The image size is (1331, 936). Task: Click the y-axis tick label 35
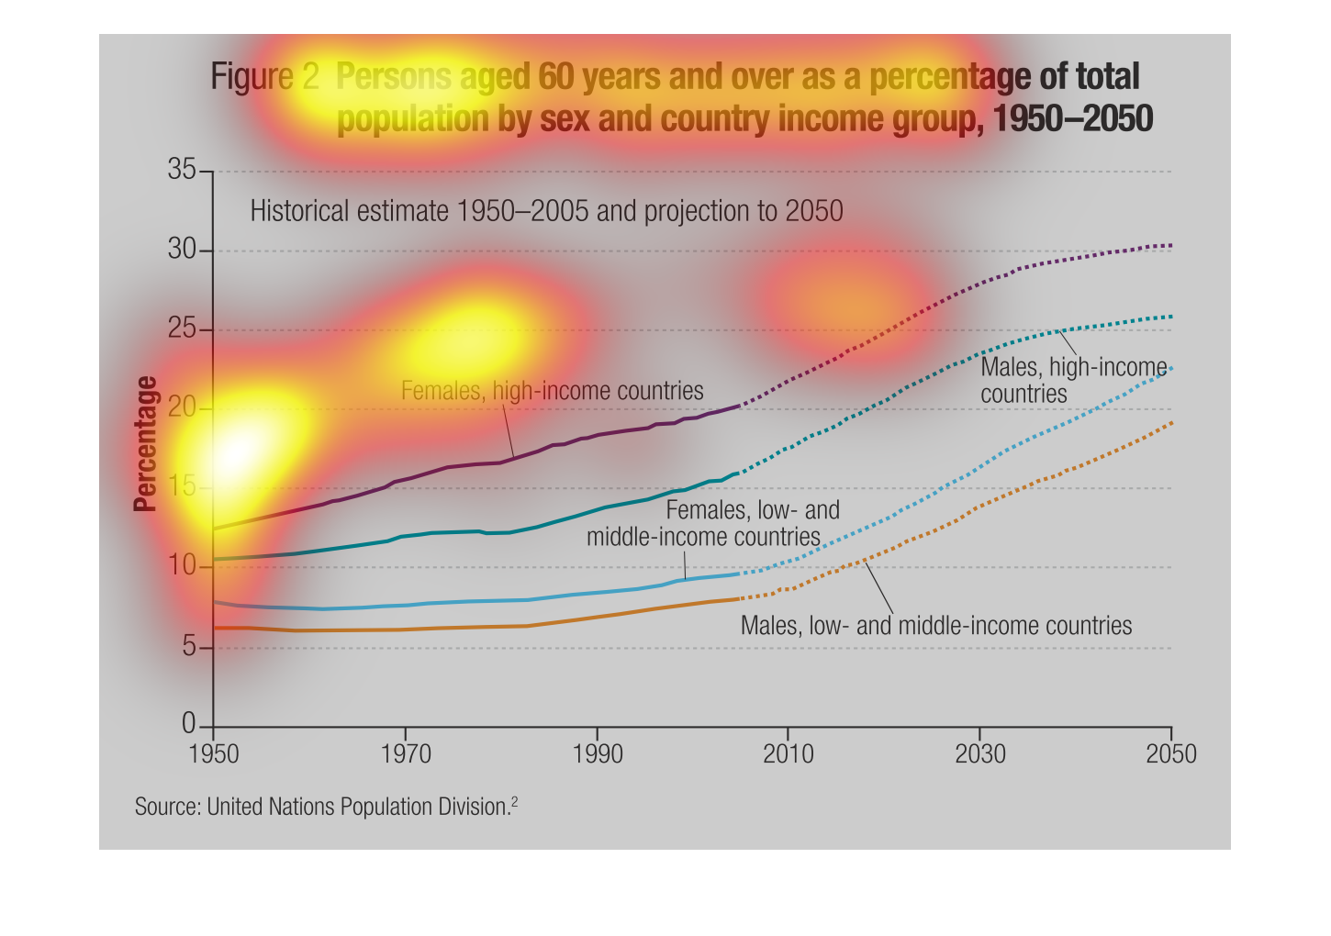click(x=182, y=170)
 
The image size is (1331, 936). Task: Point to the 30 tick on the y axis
click(x=182, y=250)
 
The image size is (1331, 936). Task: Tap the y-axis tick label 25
click(x=182, y=329)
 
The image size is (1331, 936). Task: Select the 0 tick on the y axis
click(x=189, y=724)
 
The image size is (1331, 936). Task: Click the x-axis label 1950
click(x=213, y=754)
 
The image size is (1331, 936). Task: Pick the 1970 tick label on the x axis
click(x=405, y=754)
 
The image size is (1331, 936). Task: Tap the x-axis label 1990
click(x=597, y=754)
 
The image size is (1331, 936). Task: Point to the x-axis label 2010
click(x=788, y=754)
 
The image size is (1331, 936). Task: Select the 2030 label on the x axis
click(x=979, y=754)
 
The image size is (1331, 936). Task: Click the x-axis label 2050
click(x=1170, y=754)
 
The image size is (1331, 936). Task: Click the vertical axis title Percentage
click(x=145, y=443)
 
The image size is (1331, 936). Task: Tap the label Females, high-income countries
click(x=552, y=391)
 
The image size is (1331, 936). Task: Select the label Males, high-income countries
click(x=1072, y=380)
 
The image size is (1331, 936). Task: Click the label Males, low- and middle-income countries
click(x=936, y=626)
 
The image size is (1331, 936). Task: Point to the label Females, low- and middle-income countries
click(x=712, y=523)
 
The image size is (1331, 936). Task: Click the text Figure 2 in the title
click(x=264, y=77)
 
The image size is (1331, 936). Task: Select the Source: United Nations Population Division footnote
click(x=326, y=807)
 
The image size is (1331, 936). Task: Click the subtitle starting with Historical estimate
click(x=546, y=211)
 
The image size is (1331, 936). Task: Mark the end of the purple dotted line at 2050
click(x=1170, y=245)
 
